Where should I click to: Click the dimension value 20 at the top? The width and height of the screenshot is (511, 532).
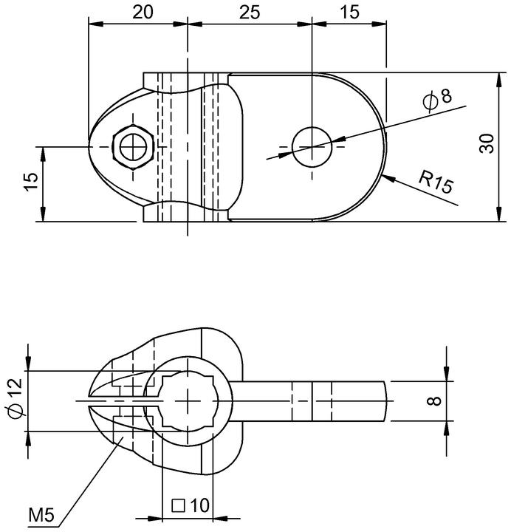click(x=143, y=13)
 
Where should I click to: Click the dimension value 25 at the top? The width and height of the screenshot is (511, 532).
click(x=250, y=13)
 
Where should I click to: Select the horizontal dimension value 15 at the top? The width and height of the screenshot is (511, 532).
click(x=349, y=13)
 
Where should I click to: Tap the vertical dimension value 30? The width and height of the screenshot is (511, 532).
click(x=487, y=144)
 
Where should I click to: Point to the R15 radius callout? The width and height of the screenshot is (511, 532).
click(x=436, y=182)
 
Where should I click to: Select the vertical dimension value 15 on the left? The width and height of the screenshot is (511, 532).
click(x=31, y=182)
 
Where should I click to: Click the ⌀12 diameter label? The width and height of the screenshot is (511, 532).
click(x=16, y=398)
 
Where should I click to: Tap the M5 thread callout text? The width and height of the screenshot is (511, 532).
click(x=41, y=516)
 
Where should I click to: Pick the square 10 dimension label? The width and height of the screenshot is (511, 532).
click(x=191, y=506)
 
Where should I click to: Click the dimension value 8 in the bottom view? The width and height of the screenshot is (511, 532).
click(x=435, y=401)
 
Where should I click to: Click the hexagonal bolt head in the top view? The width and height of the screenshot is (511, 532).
click(x=133, y=147)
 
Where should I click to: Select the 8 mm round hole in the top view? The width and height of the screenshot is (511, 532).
click(x=312, y=147)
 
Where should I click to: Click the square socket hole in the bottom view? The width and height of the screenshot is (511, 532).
click(x=188, y=401)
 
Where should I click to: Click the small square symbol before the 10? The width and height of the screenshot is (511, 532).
click(x=179, y=506)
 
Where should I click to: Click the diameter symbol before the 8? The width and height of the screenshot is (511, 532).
click(x=431, y=102)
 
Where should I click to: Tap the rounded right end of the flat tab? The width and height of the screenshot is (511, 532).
click(x=386, y=401)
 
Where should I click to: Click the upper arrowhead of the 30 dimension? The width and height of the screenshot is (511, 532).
click(x=499, y=81)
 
